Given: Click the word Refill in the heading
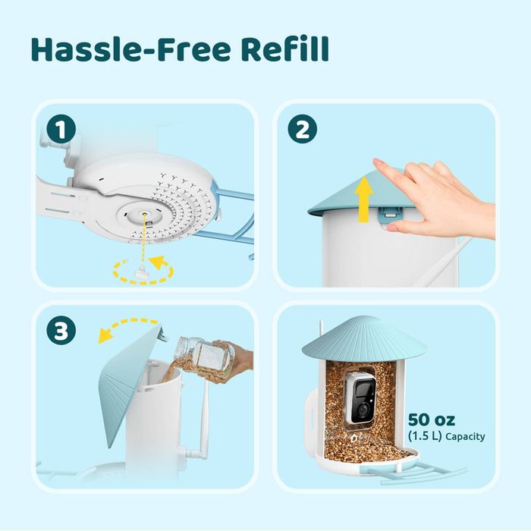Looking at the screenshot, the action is tap(284, 49).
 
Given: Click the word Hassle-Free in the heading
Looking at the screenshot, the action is tap(130, 49).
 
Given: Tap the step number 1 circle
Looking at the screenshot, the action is tap(61, 129).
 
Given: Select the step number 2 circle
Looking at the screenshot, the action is tap(303, 129).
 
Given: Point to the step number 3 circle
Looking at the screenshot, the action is tap(61, 330).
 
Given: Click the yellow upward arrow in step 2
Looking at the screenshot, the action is tap(363, 199).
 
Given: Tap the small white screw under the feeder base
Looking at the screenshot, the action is tap(143, 272).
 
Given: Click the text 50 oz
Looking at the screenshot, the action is tap(432, 419).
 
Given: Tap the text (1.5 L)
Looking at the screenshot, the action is tap(425, 436).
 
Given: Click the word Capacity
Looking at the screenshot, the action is tap(465, 436).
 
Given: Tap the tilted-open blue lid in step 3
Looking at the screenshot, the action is tap(129, 382).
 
